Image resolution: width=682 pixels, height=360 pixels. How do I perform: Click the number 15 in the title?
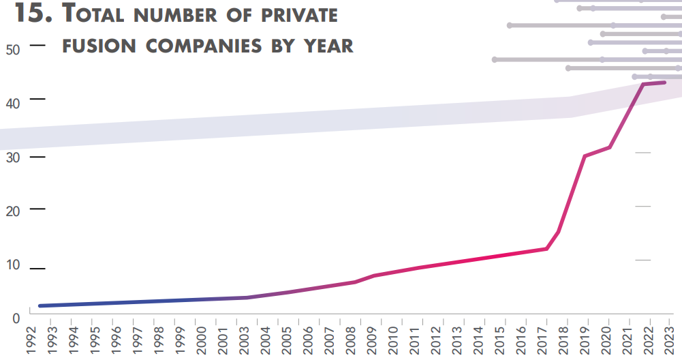33,13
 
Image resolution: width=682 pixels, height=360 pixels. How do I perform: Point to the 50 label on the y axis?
14,49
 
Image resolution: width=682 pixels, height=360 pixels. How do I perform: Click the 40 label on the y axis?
14,103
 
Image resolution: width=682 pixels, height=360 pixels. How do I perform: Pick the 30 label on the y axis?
14,157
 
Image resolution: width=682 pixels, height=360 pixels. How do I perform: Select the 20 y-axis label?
14,211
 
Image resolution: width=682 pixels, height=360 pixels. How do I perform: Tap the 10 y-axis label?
14,265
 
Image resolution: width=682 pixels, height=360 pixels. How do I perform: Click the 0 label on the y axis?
14,317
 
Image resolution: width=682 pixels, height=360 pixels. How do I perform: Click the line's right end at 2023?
664,82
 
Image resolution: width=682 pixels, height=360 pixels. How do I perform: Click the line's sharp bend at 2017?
546,248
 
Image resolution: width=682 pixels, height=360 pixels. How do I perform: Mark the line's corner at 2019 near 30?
585,156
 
